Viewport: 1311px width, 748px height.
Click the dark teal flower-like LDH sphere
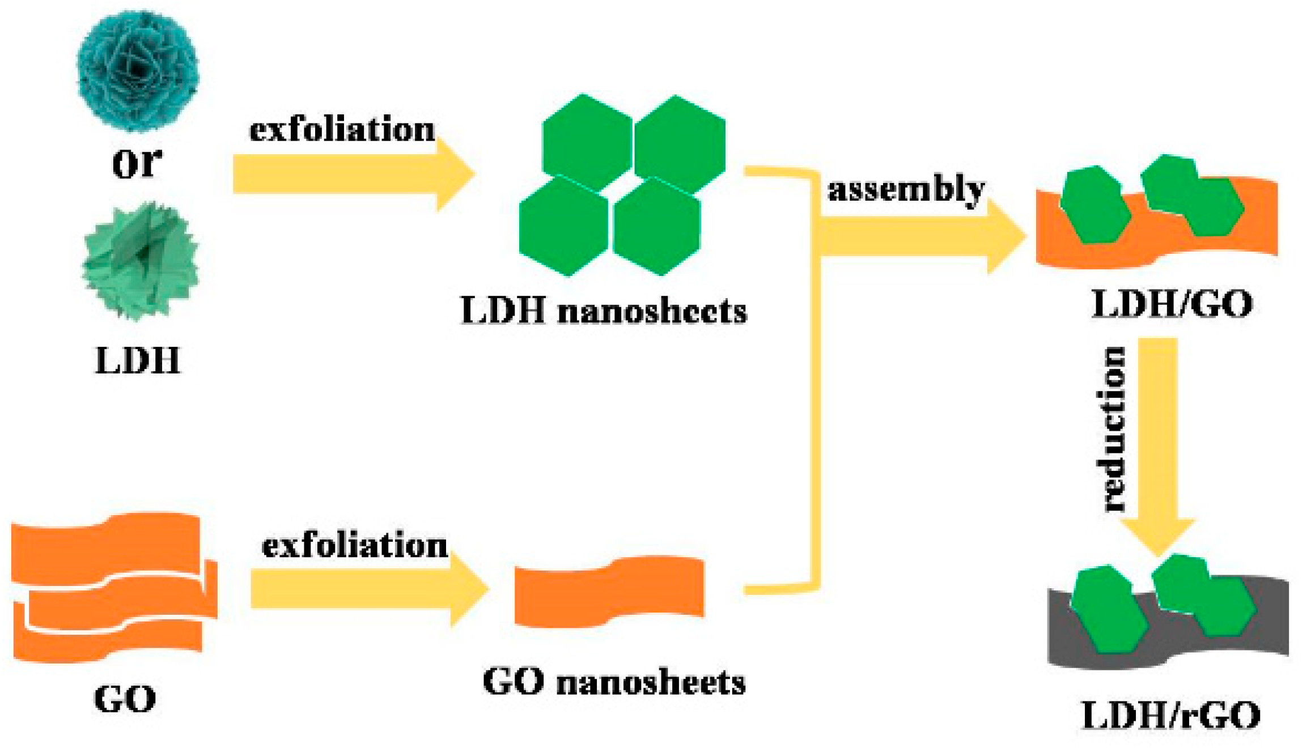click(138, 69)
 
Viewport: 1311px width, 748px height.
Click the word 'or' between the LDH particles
click(137, 163)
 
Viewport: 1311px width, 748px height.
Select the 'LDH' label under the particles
click(138, 360)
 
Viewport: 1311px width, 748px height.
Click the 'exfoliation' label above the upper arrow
click(342, 129)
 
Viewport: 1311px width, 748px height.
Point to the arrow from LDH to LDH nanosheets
click(351, 174)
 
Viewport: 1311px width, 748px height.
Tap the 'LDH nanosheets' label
click(604, 311)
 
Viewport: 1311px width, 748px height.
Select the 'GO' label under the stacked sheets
click(125, 699)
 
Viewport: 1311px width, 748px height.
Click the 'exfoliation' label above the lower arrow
click(355, 545)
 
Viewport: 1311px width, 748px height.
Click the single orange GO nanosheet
click(609, 592)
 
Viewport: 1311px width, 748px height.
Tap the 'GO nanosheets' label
click(614, 682)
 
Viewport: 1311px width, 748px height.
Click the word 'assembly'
click(906, 190)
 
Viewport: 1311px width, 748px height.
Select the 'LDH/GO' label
click(1172, 304)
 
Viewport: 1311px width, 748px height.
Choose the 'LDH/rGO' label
click(1171, 716)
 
